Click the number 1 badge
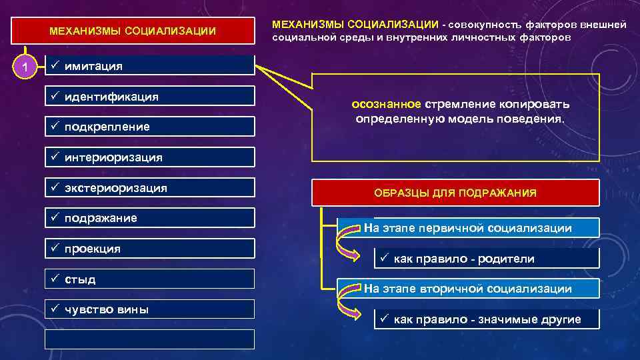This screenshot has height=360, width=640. click(25, 67)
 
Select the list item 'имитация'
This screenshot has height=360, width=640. click(93, 66)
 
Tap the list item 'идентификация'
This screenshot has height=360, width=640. click(111, 97)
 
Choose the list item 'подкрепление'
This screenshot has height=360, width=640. click(107, 127)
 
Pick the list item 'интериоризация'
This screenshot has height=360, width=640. click(113, 157)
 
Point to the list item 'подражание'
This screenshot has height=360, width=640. click(101, 218)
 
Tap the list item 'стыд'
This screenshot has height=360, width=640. click(80, 279)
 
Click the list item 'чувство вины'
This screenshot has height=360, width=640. click(106, 309)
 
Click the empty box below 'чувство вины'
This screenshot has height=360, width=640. click(149, 339)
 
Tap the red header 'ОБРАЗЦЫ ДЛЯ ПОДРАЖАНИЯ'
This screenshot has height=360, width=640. click(455, 193)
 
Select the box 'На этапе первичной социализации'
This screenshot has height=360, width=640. click(467, 228)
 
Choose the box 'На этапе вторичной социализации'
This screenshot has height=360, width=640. click(467, 289)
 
